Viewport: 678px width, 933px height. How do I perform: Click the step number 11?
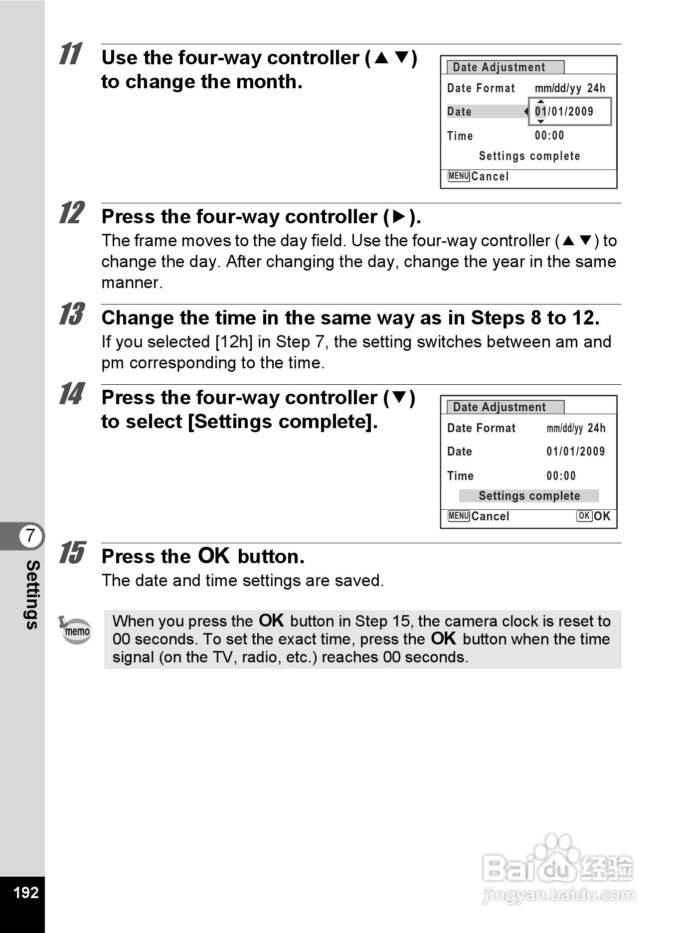click(70, 54)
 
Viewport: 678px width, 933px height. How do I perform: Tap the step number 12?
click(71, 213)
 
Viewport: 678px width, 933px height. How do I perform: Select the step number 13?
click(71, 314)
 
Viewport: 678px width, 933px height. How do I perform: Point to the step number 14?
click(71, 394)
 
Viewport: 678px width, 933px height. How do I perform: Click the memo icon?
click(75, 630)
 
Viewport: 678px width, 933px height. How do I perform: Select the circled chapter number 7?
click(31, 536)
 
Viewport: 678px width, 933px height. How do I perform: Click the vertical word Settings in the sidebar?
click(32, 594)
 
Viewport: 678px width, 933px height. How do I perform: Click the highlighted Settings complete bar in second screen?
click(529, 496)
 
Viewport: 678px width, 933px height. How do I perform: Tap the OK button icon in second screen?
click(584, 516)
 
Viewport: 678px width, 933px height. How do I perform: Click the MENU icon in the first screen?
click(458, 176)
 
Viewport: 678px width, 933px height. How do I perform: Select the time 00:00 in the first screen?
click(549, 136)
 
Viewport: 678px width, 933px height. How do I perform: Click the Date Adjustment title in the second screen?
click(500, 407)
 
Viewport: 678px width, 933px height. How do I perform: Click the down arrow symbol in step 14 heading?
click(399, 398)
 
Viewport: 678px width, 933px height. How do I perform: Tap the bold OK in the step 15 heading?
click(214, 556)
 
